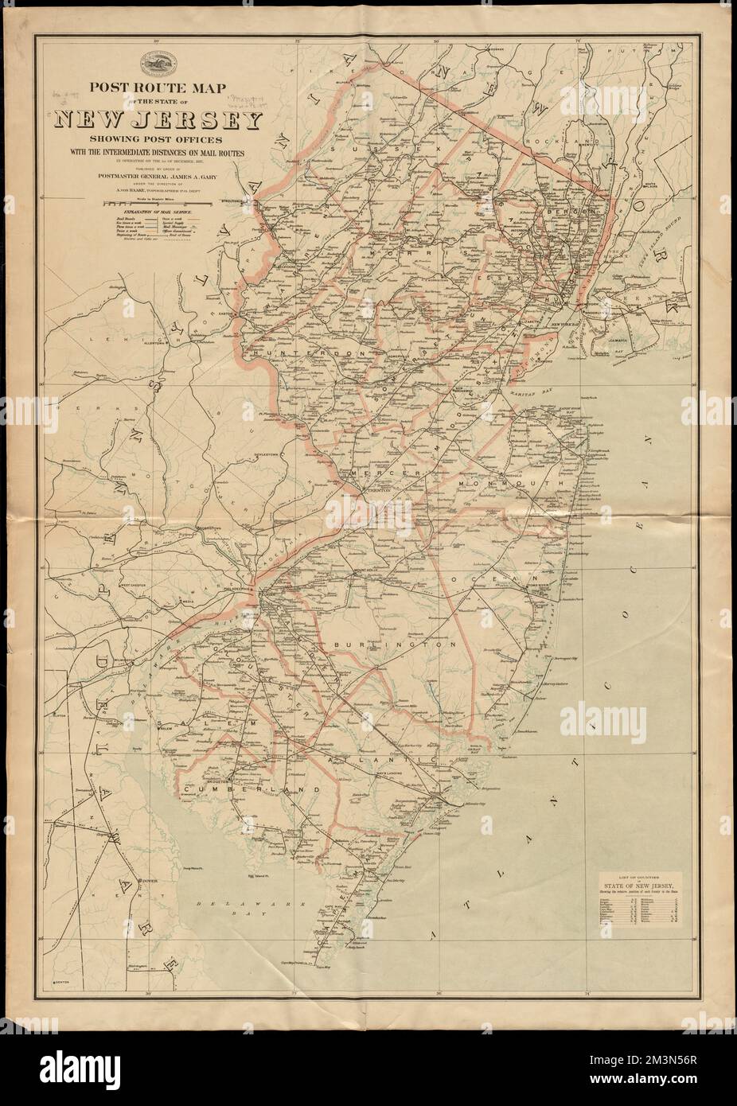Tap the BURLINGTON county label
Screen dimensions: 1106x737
coord(394,645)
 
